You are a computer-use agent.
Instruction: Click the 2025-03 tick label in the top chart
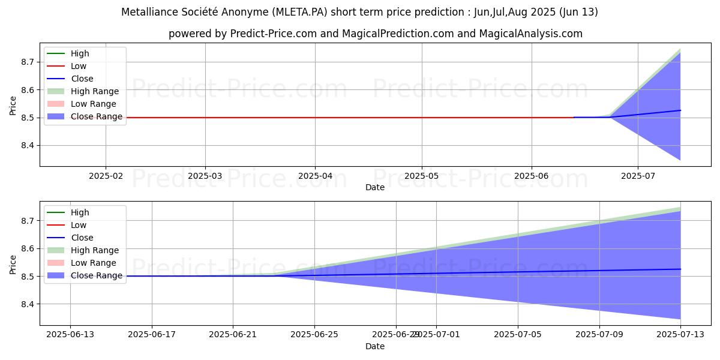point(205,176)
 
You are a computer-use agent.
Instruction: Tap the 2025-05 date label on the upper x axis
point(421,176)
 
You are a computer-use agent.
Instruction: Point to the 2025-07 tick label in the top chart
point(637,176)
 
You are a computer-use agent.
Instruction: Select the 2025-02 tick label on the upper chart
point(106,176)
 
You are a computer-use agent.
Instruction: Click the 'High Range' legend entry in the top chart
point(95,91)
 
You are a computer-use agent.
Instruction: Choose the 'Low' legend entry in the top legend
point(79,66)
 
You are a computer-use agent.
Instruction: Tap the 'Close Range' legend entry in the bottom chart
point(97,275)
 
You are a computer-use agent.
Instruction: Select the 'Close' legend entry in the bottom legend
point(82,238)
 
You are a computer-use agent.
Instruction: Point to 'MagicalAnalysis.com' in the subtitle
point(530,34)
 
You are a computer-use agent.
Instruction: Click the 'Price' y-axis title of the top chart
point(13,106)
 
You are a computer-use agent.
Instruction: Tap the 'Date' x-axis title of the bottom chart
point(375,346)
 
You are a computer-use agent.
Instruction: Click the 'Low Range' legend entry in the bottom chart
point(94,263)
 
